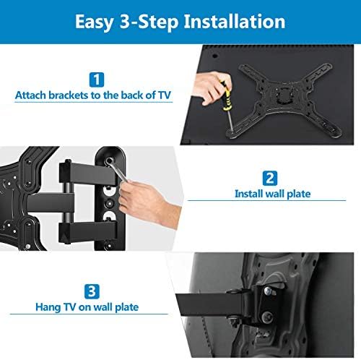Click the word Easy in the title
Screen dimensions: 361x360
94,22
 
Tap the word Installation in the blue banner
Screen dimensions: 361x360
235,21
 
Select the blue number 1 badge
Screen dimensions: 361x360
97,80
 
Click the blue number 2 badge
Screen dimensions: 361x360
270,179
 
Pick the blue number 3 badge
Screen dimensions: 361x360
92,291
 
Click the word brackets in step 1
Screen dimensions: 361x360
68,95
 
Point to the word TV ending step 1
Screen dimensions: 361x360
165,95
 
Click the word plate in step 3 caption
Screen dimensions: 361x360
127,307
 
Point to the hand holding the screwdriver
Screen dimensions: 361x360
211,88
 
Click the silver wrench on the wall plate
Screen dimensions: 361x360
116,169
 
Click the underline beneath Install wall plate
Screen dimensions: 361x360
266,200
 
